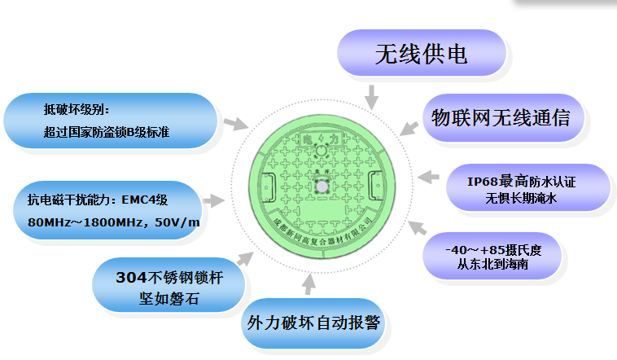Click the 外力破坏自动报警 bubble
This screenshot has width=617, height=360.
click(x=313, y=322)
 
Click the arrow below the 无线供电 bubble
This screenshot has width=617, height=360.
click(x=371, y=98)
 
